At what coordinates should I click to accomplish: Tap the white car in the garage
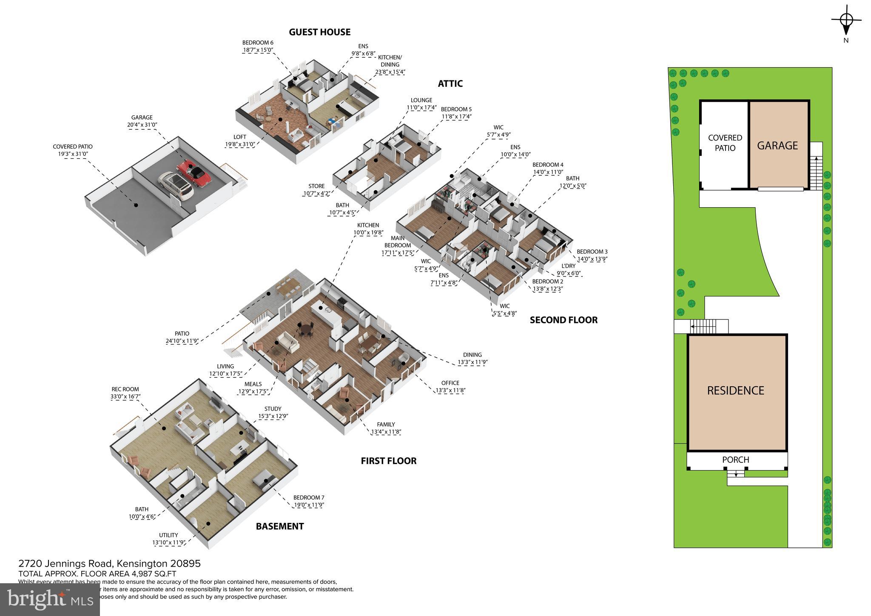tap(175, 186)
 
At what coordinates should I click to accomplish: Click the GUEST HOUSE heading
tap(319, 32)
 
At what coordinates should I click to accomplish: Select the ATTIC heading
tap(450, 84)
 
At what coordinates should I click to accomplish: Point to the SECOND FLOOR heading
tap(563, 320)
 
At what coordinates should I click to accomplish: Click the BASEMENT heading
tap(279, 527)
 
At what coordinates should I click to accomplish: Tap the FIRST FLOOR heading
tap(388, 461)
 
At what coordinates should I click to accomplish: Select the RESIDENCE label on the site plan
tap(735, 391)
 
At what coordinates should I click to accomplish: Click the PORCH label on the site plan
tap(735, 460)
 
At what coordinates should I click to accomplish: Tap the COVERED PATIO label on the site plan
tap(725, 143)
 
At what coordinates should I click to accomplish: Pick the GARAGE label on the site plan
tap(777, 145)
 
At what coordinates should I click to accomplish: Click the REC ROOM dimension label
tap(125, 393)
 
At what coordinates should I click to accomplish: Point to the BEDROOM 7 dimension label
tap(309, 501)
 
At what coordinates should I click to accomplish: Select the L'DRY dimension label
tap(568, 270)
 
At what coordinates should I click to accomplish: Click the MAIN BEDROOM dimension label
tap(398, 245)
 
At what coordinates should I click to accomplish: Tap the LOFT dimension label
tap(239, 140)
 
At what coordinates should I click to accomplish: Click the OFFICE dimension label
tap(450, 386)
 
